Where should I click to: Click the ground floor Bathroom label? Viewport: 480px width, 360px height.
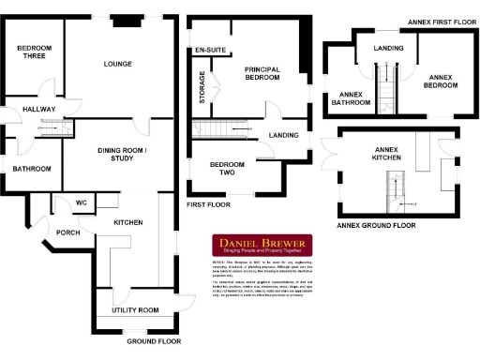click(x=31, y=169)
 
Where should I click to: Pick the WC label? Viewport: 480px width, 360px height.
click(x=82, y=202)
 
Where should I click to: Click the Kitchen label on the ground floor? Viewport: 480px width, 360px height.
click(x=128, y=223)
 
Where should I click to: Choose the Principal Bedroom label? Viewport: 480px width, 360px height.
click(x=262, y=74)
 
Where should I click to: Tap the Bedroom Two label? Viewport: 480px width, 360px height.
click(x=227, y=169)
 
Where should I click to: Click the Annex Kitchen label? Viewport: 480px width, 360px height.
click(x=387, y=155)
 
